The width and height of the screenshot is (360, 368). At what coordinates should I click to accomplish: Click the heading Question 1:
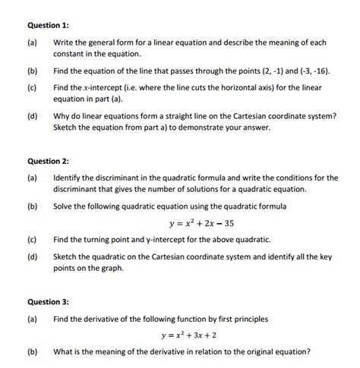pyautogui.click(x=48, y=26)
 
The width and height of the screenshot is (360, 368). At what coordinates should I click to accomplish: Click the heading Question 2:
pyautogui.click(x=48, y=161)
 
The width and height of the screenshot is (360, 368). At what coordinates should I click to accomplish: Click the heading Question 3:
pyautogui.click(x=48, y=301)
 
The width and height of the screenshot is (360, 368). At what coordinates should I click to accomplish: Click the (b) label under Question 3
pyautogui.click(x=33, y=351)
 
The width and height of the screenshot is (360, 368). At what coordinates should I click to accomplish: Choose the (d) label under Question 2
pyautogui.click(x=33, y=256)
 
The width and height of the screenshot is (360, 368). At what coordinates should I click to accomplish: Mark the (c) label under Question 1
pyautogui.click(x=33, y=88)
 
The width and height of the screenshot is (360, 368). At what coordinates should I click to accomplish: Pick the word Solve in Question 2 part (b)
pyautogui.click(x=64, y=206)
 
